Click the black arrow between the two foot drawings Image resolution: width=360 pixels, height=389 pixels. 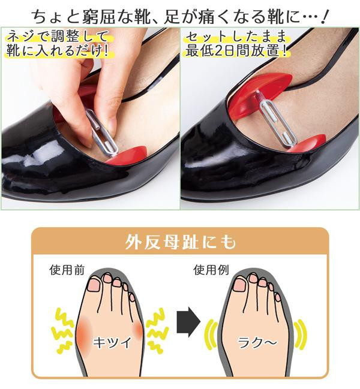(x=188, y=322)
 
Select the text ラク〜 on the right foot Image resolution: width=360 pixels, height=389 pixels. (x=257, y=343)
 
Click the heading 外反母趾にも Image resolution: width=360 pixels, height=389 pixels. (x=180, y=242)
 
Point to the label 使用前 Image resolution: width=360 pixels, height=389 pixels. (x=67, y=270)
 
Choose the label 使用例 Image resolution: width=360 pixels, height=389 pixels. (x=211, y=270)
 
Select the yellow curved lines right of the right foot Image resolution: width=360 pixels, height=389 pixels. (x=300, y=334)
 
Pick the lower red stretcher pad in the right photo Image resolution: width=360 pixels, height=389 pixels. (x=308, y=144)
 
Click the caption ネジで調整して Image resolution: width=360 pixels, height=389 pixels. (x=58, y=37)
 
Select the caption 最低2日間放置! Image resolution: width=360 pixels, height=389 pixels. (x=236, y=51)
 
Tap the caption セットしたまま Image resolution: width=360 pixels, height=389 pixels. (x=236, y=37)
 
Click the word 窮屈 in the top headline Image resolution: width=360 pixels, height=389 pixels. (x=96, y=17)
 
